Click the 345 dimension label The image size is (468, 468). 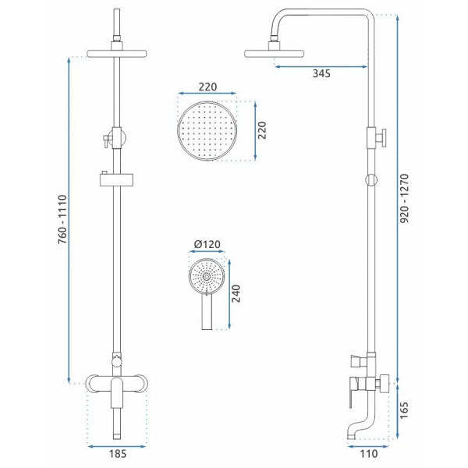pos(321,73)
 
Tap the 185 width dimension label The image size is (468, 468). pos(118,454)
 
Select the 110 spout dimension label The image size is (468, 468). pos(369,454)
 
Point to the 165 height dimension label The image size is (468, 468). pos(403,410)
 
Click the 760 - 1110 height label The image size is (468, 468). pos(62,219)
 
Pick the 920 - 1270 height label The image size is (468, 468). pos(404,198)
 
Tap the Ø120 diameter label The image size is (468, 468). pos(207,244)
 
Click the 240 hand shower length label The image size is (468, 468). pos(236,293)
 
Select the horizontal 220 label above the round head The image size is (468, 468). pos(207,87)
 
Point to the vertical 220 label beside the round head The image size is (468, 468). pos(262,130)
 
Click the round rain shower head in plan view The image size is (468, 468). pos(207,131)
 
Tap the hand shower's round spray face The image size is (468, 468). pos(206,277)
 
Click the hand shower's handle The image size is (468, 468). pos(207,312)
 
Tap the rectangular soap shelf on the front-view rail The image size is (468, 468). pos(117,180)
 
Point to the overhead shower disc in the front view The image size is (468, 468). pos(117,54)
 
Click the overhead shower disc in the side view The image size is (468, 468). pos(274,54)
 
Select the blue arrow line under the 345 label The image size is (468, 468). pos(321,66)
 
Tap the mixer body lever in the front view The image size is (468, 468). pos(117,393)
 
